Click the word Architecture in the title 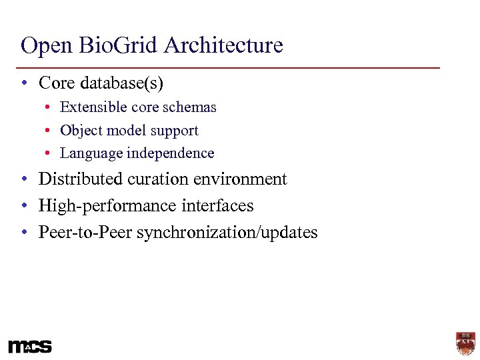(223, 46)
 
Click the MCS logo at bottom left (30, 347)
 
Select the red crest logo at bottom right (465, 344)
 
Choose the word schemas (192, 107)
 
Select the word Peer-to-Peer (85, 233)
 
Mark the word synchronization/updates (227, 233)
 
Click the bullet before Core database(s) (24, 84)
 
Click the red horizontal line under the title (230, 68)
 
